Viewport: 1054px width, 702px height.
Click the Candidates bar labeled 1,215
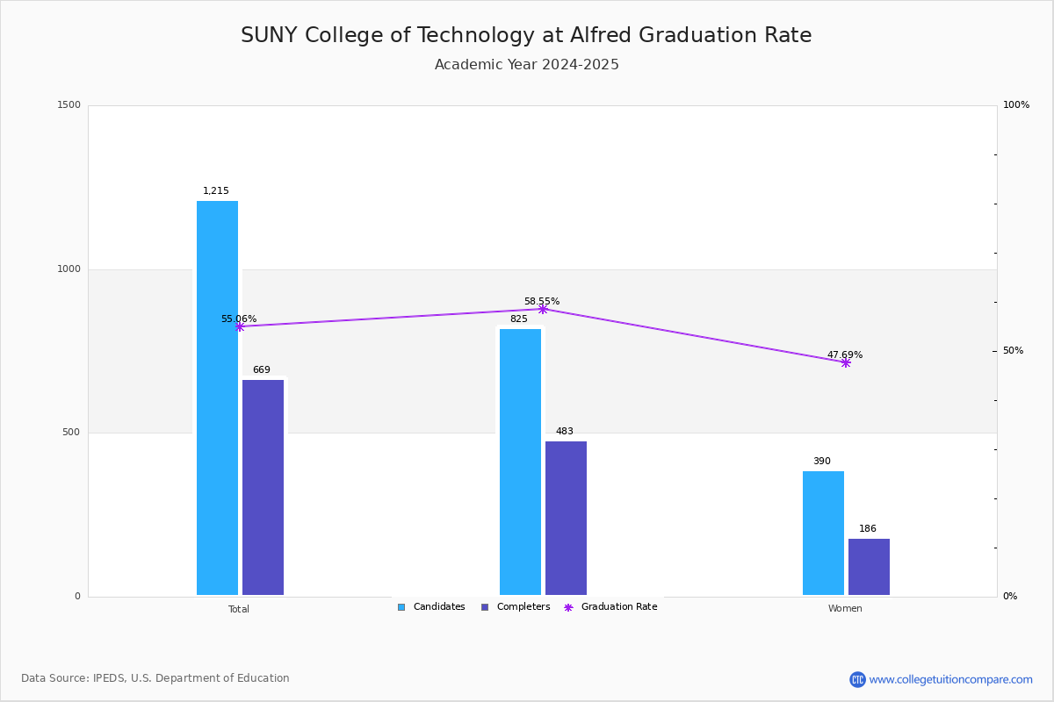pyautogui.click(x=218, y=398)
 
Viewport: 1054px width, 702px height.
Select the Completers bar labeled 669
pyautogui.click(x=263, y=487)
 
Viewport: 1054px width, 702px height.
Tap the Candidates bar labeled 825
pyautogui.click(x=520, y=462)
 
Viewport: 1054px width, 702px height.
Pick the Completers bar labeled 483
pyautogui.click(x=566, y=518)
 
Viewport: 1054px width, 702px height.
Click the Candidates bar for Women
pyautogui.click(x=824, y=534)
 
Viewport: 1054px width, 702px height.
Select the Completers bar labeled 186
pyautogui.click(x=869, y=567)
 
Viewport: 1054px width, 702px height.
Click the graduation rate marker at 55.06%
pyautogui.click(x=240, y=326)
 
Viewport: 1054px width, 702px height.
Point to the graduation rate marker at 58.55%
pyautogui.click(x=543, y=310)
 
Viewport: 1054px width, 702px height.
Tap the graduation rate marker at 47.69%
pyautogui.click(x=846, y=363)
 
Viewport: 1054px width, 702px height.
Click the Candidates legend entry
pyautogui.click(x=431, y=607)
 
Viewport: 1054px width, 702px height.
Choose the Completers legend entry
pyautogui.click(x=516, y=607)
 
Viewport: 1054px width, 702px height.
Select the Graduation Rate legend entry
pyautogui.click(x=610, y=607)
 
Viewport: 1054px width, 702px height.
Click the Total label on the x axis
pyautogui.click(x=239, y=609)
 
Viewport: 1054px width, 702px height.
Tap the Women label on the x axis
pyautogui.click(x=845, y=608)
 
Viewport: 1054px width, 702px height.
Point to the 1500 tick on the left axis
pyautogui.click(x=69, y=104)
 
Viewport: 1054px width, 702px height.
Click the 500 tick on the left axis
pyautogui.click(x=71, y=432)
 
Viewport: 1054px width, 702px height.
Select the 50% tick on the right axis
pyautogui.click(x=1013, y=350)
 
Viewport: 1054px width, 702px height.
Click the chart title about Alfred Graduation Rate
pyautogui.click(x=526, y=35)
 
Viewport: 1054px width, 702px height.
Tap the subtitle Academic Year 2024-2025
pyautogui.click(x=526, y=64)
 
